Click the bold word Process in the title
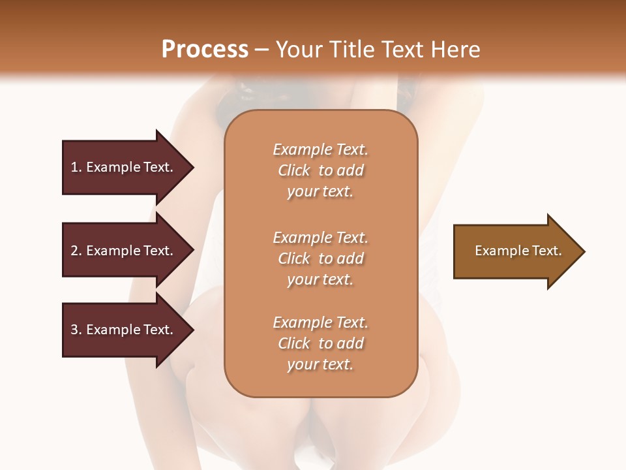pyautogui.click(x=205, y=50)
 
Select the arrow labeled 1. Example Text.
pyautogui.click(x=124, y=167)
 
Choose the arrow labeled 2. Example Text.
pyautogui.click(x=124, y=251)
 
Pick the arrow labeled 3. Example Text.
pyautogui.click(x=124, y=330)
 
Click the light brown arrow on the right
pyautogui.click(x=515, y=251)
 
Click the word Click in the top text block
pyautogui.click(x=294, y=170)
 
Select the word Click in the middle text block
pyautogui.click(x=294, y=258)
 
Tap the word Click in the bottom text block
pyautogui.click(x=294, y=343)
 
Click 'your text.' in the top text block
pyautogui.click(x=320, y=192)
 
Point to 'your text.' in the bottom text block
pyautogui.click(x=320, y=365)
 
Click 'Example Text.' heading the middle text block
pyautogui.click(x=320, y=237)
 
